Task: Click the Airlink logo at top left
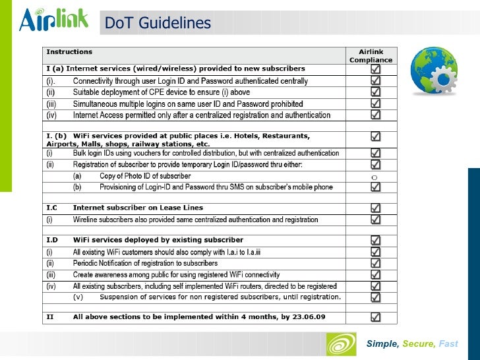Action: coord(53,21)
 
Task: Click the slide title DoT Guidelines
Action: coord(158,24)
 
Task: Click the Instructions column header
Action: coord(69,51)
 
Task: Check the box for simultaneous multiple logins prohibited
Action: coord(375,104)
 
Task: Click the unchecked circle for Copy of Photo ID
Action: coord(374,177)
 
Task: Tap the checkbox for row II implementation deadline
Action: coord(375,317)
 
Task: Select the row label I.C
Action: coord(52,208)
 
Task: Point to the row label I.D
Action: coord(53,240)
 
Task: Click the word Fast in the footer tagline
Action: coord(448,344)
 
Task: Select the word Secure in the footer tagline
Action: coord(419,344)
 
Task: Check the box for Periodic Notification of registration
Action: coord(375,263)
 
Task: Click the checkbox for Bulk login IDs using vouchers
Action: coord(375,153)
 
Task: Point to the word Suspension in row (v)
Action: coord(121,297)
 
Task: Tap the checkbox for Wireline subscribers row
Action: coord(375,219)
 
